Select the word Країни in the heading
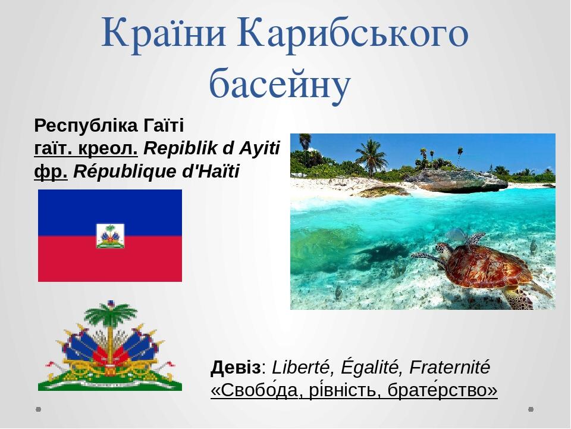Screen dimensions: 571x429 tap(164, 33)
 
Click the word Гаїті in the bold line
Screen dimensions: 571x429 tap(164, 126)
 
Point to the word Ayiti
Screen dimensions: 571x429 tap(259, 149)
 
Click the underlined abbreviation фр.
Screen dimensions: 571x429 tap(51, 172)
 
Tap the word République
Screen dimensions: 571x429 tap(125, 172)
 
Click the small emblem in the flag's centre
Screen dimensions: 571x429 tap(110, 236)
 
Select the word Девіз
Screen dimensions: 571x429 tap(236, 368)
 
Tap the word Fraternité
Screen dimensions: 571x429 tap(450, 367)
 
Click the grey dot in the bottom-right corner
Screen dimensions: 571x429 tap(531, 409)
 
